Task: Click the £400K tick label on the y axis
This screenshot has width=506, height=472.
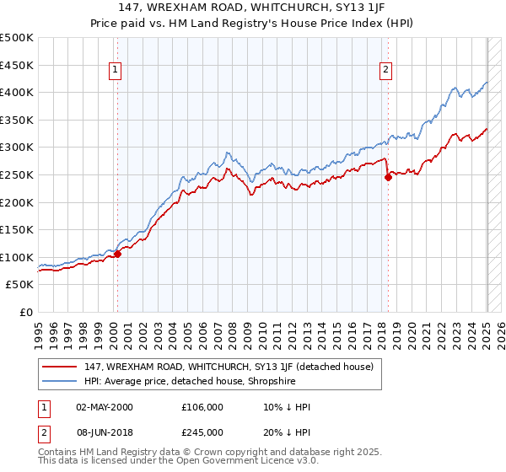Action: coord(17,93)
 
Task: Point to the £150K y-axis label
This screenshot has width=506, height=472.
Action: coord(17,229)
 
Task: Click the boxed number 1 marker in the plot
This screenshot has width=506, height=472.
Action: coord(116,71)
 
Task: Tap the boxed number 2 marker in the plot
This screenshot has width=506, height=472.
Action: coord(385,71)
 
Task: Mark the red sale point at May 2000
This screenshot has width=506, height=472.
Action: coord(118,254)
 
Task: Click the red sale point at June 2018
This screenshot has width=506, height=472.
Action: coord(388,177)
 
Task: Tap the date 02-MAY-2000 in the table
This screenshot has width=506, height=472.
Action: coord(105,407)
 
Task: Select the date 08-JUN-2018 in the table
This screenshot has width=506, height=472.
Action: coord(105,432)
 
